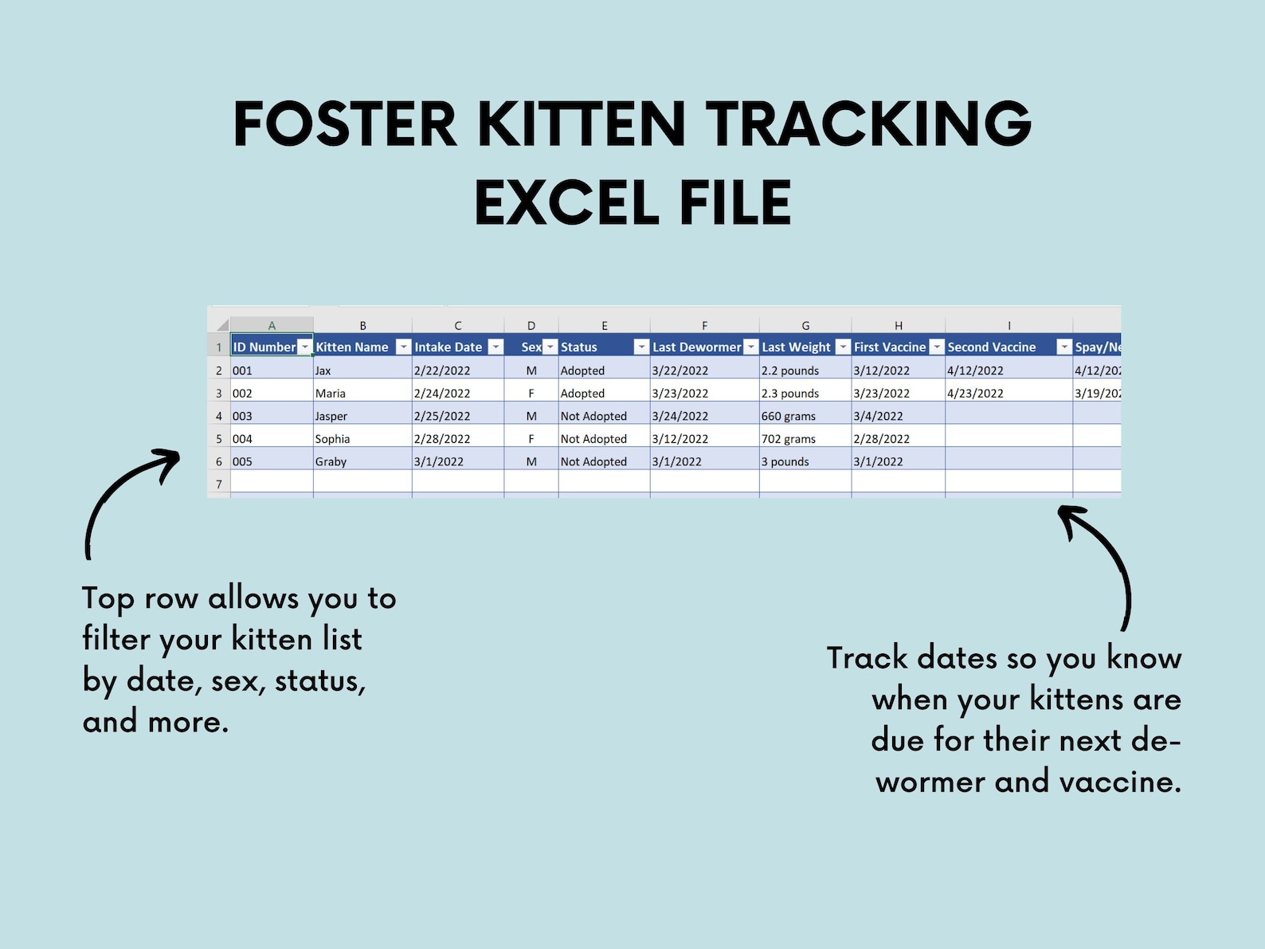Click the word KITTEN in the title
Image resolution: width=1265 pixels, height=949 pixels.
pos(581,124)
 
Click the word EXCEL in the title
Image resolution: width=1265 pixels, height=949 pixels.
pos(566,203)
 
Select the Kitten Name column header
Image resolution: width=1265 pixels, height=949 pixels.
pos(352,347)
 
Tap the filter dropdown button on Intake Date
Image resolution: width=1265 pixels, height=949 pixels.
pos(495,347)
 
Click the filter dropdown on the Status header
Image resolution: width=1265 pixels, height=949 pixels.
pos(641,347)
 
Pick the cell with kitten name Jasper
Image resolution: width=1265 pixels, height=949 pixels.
pos(331,416)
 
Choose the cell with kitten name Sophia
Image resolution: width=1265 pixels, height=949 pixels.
pos(333,439)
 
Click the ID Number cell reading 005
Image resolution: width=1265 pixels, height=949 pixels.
pos(242,461)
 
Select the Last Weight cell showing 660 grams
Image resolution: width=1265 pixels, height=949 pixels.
pos(788,416)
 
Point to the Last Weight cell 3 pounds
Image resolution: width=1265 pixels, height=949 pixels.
pos(785,461)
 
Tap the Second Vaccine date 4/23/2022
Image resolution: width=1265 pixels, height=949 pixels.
pos(975,394)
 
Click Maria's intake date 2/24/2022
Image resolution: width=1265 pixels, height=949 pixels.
pos(442,394)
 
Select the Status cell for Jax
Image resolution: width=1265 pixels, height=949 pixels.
pos(582,371)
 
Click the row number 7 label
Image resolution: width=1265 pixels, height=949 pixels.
pos(219,484)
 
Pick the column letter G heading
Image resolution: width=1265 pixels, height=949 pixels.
pos(805,325)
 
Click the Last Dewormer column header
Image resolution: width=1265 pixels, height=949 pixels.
pos(696,347)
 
